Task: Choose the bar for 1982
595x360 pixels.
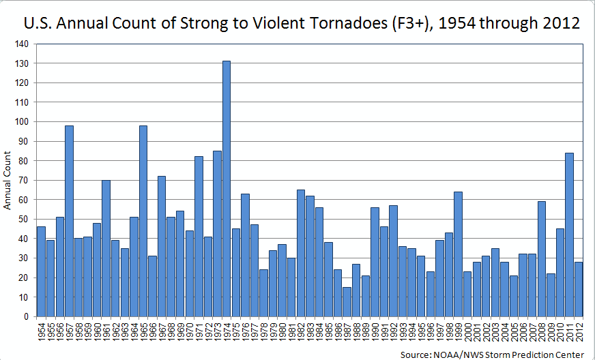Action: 300,253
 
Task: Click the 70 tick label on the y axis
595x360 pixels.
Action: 23,181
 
